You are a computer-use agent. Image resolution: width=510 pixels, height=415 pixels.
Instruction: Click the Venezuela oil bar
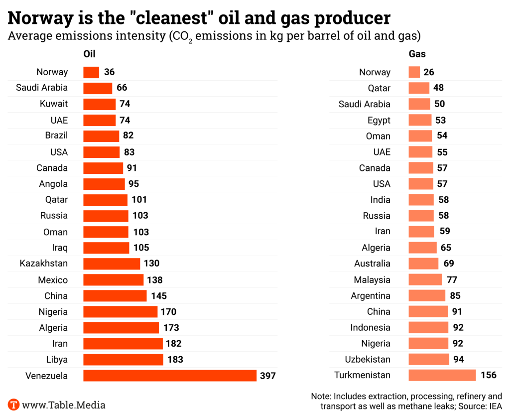[x=169, y=376]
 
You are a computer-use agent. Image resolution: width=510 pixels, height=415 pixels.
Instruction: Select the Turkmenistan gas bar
[x=442, y=375]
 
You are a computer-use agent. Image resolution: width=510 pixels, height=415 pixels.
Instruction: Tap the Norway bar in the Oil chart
[x=91, y=72]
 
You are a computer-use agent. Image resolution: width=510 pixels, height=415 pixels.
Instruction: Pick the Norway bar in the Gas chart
[x=414, y=72]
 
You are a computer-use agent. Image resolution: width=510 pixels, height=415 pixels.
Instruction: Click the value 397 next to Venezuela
[x=268, y=376]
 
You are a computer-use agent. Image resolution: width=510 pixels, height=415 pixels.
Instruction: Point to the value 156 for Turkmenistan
[x=489, y=375]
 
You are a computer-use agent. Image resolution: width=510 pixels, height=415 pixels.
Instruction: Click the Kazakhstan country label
[x=44, y=264]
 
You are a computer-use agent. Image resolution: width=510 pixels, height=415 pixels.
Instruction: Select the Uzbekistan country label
[x=368, y=359]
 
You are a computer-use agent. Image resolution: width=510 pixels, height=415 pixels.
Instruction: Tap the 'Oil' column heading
[x=89, y=54]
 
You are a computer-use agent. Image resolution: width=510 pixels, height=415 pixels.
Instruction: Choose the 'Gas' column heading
[x=417, y=54]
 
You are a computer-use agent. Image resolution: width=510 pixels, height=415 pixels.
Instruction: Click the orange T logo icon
[x=13, y=405]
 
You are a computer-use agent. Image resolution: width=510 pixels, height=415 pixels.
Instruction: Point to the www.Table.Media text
[x=64, y=405]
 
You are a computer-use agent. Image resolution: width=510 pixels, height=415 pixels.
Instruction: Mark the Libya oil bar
[x=123, y=360]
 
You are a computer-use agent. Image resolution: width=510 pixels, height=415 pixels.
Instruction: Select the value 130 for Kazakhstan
[x=151, y=264]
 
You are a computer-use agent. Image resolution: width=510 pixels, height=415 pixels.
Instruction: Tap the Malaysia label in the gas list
[x=372, y=279]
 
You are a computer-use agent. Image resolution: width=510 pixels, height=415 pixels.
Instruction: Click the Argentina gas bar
[x=427, y=295]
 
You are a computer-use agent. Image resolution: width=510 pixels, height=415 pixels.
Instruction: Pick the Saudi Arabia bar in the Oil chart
[x=98, y=88]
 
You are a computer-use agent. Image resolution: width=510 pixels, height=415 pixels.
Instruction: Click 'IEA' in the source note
[x=495, y=406]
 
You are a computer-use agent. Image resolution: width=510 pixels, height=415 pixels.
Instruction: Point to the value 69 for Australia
[x=448, y=264]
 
